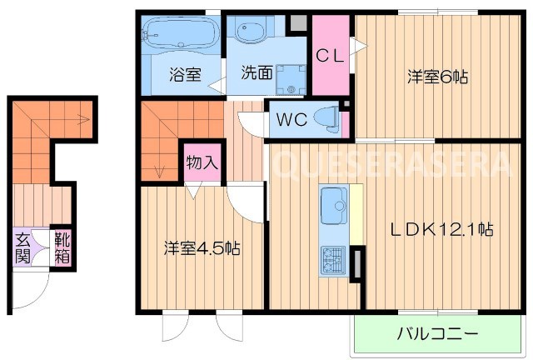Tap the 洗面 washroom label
pyautogui.click(x=257, y=72)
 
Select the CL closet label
pyautogui.click(x=331, y=57)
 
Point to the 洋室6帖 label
pyautogui.click(x=436, y=77)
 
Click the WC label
pyautogui.click(x=291, y=118)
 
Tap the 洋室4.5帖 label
pyautogui.click(x=202, y=248)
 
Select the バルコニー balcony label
pyautogui.click(x=437, y=335)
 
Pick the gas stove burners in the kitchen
pyautogui.click(x=333, y=260)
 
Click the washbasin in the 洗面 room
pyautogui.click(x=251, y=32)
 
